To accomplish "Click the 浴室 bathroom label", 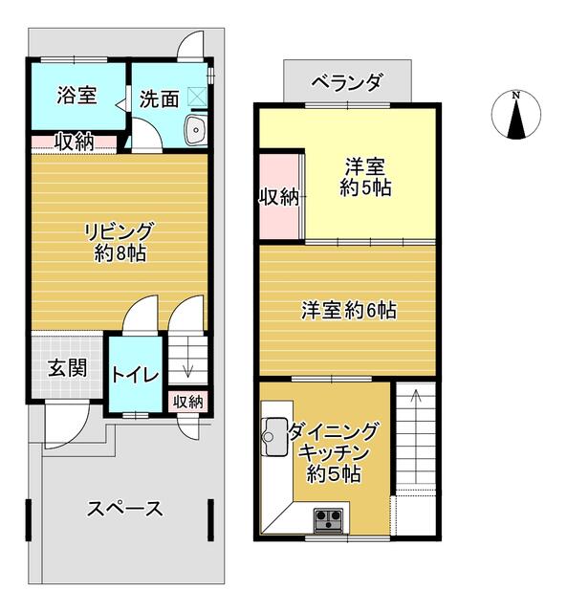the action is tap(76, 96).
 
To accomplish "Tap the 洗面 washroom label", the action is tap(160, 99).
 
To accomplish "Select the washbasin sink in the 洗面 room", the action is tap(196, 130).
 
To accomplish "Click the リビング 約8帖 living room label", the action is tap(120, 242).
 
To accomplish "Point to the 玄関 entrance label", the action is tap(68, 367).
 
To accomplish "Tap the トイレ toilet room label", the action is tap(136, 375).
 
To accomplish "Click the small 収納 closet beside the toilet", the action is tap(188, 402).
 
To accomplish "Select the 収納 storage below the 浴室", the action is tap(75, 142).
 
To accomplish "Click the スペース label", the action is tap(124, 509).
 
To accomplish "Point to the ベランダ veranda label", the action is tap(347, 82).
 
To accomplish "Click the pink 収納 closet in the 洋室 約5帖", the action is tap(280, 197).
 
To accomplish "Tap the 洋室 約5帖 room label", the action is tap(365, 177).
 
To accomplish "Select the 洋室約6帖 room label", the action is tap(349, 311).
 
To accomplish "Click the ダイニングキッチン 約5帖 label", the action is tap(334, 452).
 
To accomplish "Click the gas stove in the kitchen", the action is tap(329, 520).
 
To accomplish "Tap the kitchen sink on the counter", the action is tap(275, 436).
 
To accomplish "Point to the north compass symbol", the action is tap(516, 115).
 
